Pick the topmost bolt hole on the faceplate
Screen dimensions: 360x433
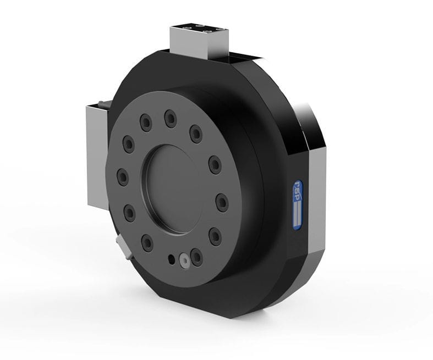pos(169,118)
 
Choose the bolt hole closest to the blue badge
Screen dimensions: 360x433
pos(222,203)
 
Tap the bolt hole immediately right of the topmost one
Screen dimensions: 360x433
pos(196,132)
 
